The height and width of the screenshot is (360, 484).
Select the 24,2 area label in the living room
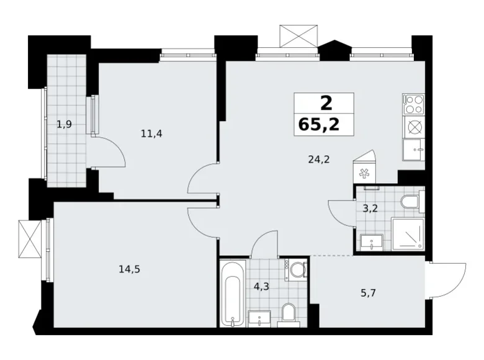tap(318, 159)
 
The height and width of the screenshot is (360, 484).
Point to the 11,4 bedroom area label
tap(151, 133)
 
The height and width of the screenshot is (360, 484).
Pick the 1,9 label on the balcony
tap(64, 124)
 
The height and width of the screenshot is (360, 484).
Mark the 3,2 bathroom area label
tap(371, 208)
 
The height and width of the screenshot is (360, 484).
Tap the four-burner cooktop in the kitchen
tap(413, 103)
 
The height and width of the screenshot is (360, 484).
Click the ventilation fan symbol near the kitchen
tap(364, 174)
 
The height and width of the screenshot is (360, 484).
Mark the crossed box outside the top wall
tap(298, 36)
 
